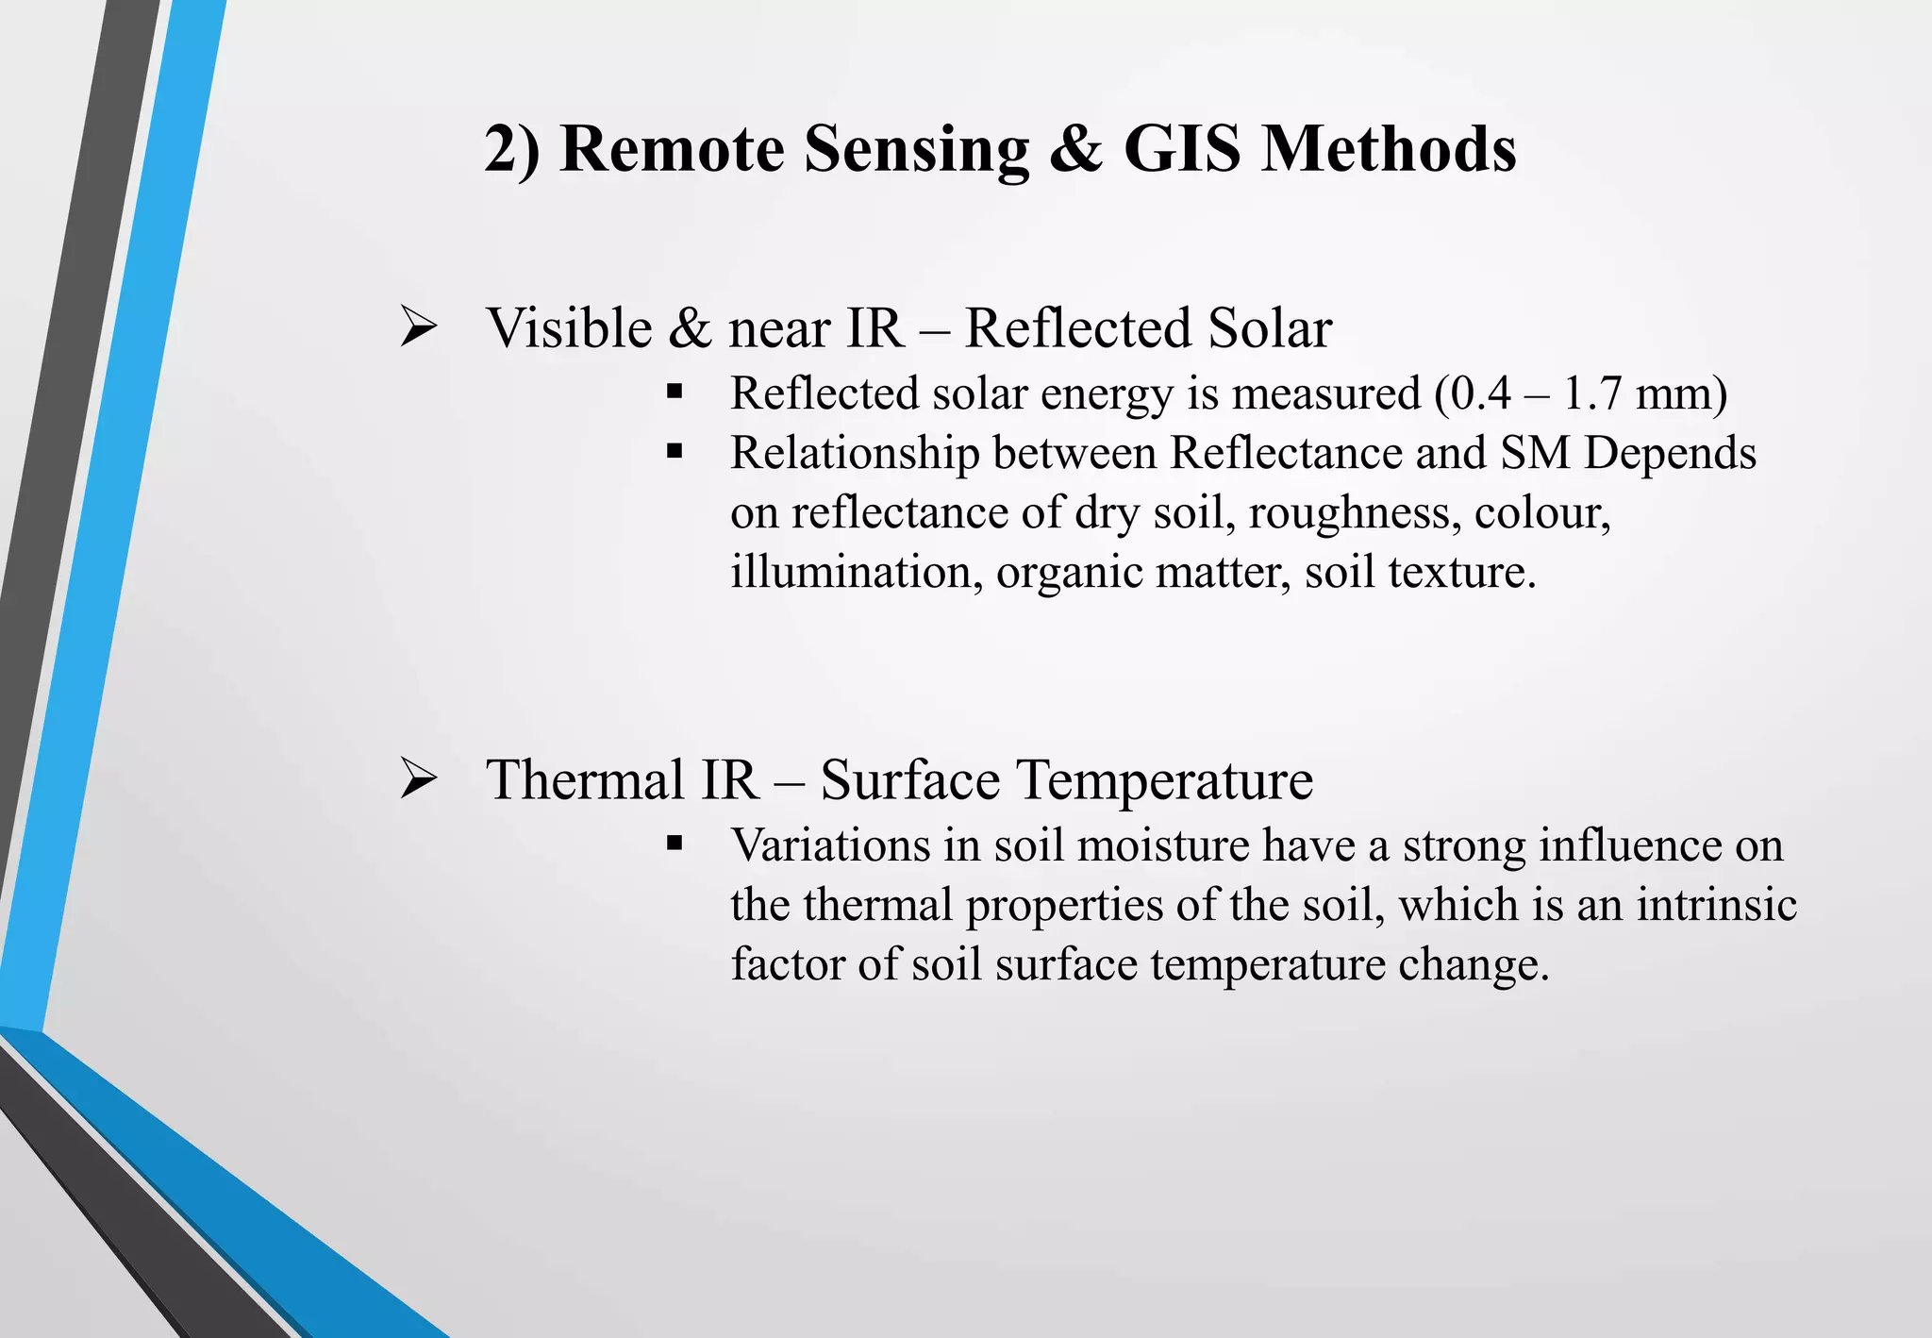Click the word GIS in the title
[x=1182, y=149]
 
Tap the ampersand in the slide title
[x=1075, y=149]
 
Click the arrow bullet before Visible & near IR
[x=418, y=327]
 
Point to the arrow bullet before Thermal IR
[x=418, y=779]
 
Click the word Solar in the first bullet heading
[x=1270, y=328]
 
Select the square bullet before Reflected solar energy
[x=674, y=392]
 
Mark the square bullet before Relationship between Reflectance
[x=674, y=452]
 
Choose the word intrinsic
[x=1716, y=904]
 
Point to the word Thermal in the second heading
[x=585, y=780]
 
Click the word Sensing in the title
[x=916, y=149]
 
